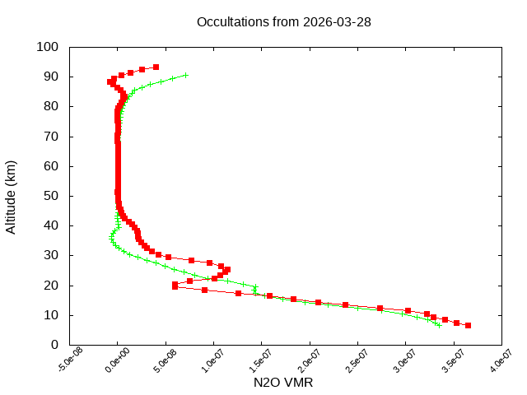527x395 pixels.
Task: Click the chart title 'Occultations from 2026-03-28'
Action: (x=284, y=21)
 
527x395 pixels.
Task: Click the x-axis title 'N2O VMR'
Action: (x=284, y=383)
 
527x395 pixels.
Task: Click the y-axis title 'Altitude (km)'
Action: (x=12, y=197)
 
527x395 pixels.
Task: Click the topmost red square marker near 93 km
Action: (x=156, y=67)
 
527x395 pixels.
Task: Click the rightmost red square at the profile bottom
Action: (x=468, y=325)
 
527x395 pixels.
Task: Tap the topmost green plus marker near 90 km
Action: (x=186, y=75)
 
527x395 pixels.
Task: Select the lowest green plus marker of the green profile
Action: (x=439, y=325)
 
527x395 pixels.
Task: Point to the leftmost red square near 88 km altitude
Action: (x=110, y=81)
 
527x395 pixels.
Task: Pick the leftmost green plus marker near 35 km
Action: (x=111, y=239)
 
